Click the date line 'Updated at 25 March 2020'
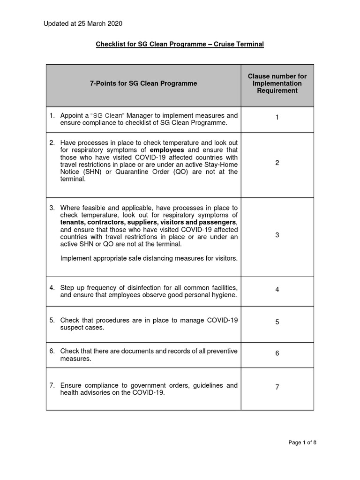[x=83, y=23]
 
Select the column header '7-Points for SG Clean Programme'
[x=143, y=83]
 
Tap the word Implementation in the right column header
[x=277, y=83]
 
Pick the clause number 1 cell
[x=277, y=117]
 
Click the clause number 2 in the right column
[x=277, y=163]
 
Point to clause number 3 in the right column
[x=277, y=235]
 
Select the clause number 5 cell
[x=277, y=322]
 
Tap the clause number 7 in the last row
[x=277, y=387]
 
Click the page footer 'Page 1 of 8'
[x=303, y=442]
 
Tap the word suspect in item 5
[x=71, y=328]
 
